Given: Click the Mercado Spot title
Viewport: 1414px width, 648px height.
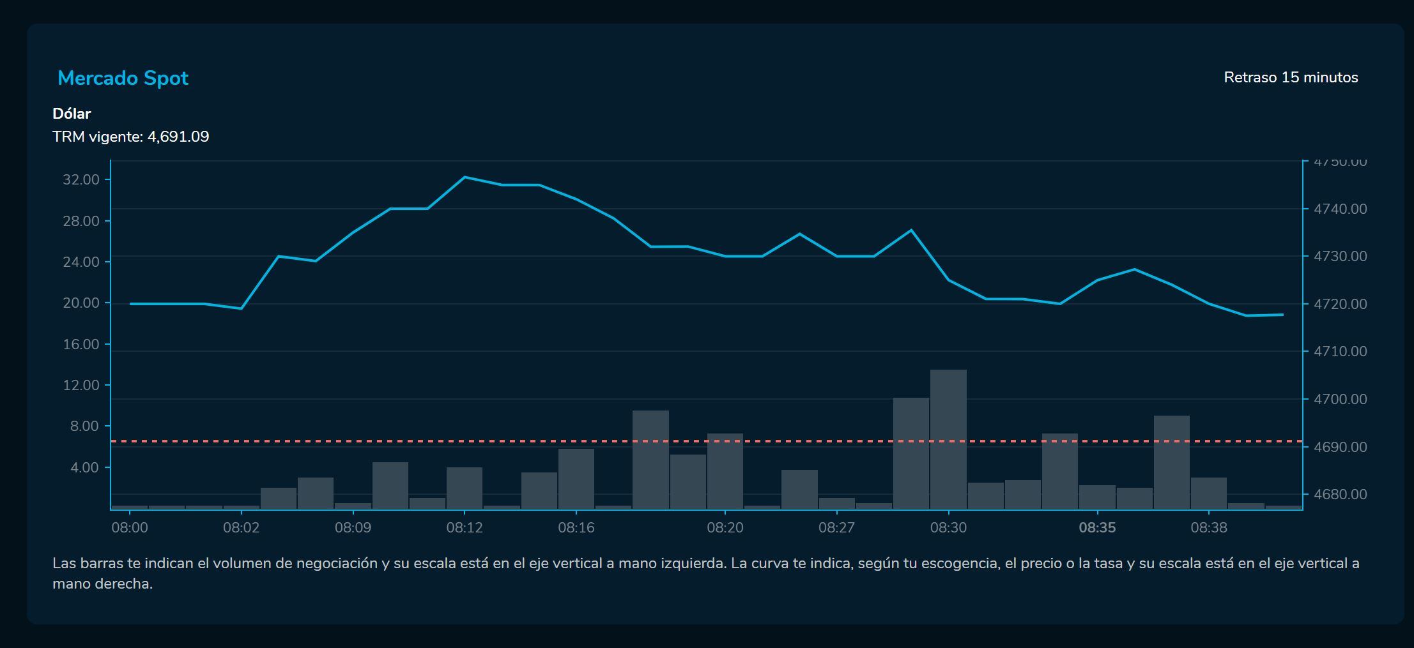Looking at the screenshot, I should [x=123, y=78].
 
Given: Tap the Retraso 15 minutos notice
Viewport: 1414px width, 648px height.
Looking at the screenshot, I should [x=1291, y=77].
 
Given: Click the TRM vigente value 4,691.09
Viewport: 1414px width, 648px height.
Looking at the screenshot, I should [x=178, y=137].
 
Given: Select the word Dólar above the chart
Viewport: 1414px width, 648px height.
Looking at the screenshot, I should [x=72, y=114].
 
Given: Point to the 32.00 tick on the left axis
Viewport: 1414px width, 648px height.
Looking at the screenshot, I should [x=81, y=179].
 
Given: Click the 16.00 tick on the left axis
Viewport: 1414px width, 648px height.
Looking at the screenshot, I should [x=81, y=344].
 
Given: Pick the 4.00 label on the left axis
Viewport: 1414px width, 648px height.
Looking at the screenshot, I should [x=84, y=467].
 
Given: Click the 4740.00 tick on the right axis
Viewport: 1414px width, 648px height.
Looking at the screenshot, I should [x=1340, y=209].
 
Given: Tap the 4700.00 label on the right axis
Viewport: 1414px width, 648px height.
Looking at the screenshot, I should [x=1340, y=399].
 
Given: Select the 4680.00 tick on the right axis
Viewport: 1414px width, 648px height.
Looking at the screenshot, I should [x=1340, y=494].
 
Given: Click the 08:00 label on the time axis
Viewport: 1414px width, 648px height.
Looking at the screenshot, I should [x=129, y=527].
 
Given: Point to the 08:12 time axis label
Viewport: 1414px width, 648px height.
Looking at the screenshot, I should [x=465, y=527].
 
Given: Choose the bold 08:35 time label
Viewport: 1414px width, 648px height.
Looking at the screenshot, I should [x=1097, y=527].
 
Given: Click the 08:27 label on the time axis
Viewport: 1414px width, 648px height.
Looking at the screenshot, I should [x=836, y=527].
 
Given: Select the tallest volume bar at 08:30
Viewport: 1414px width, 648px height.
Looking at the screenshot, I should [x=948, y=441].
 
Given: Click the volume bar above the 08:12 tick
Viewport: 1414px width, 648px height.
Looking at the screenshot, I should [x=465, y=488].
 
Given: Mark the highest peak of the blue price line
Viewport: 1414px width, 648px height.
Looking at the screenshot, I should [x=465, y=177].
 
